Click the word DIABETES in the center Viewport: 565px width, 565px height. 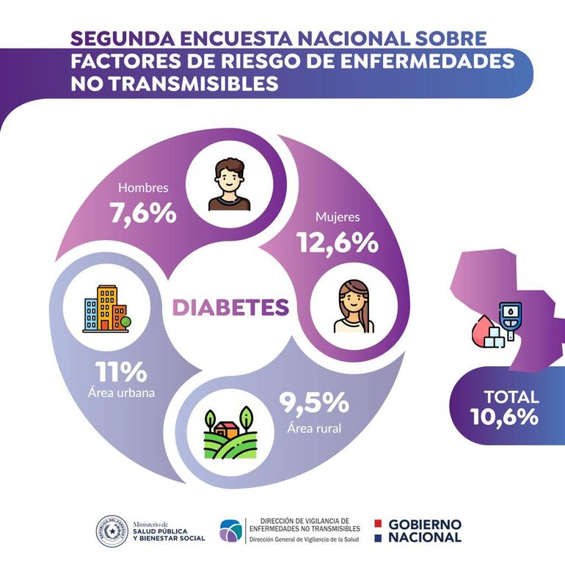tap(230, 307)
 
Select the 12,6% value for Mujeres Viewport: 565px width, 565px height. tap(337, 242)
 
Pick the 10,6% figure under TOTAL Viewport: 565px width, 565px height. tap(506, 418)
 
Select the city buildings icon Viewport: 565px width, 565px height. tap(106, 309)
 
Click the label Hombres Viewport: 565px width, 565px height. tap(144, 188)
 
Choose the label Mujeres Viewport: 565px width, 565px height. tap(337, 217)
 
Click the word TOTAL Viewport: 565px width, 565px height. tap(511, 397)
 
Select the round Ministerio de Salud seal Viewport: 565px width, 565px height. tap(112, 531)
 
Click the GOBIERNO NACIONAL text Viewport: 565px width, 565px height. tap(424, 531)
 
